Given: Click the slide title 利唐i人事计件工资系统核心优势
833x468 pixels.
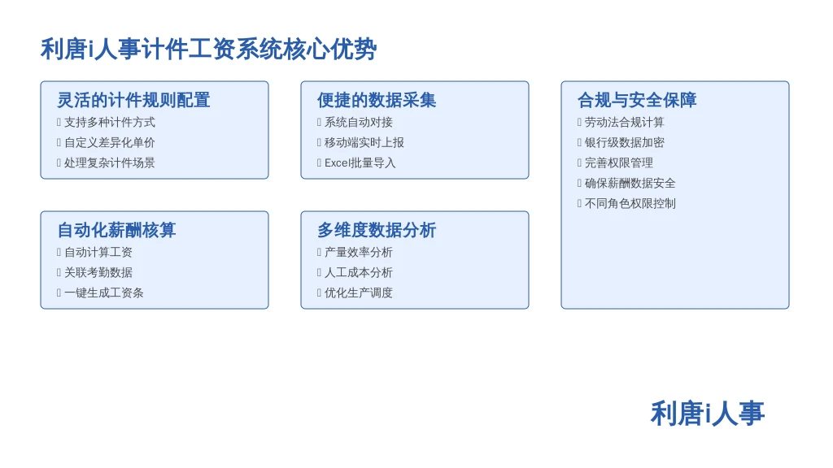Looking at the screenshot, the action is (209, 50).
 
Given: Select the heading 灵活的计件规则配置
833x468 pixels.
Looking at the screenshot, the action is (134, 100).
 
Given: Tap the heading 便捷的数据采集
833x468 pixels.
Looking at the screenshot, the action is (377, 100).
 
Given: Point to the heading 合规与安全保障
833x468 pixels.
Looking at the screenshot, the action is (637, 100).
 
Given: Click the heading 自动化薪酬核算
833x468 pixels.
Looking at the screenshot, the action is (117, 230).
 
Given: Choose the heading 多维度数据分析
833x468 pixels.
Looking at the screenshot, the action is (377, 230).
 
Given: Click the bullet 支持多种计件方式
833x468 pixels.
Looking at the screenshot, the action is (110, 123).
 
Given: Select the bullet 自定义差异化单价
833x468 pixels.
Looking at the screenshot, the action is (110, 143).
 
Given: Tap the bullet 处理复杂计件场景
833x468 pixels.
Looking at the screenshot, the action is (110, 162).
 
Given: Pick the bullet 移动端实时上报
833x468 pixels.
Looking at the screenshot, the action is (364, 143).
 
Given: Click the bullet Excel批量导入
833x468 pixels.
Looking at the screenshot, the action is (360, 162).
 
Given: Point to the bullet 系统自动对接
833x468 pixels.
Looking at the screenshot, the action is (359, 123).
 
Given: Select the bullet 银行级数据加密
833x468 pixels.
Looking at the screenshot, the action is (625, 143).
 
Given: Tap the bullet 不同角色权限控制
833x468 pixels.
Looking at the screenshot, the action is (630, 204).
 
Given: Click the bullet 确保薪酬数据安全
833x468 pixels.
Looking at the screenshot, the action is (630, 184).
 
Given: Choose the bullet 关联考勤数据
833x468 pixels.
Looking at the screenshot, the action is (98, 273).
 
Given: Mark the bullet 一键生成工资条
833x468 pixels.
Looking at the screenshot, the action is (104, 292).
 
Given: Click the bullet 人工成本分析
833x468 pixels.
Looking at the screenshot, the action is (359, 273).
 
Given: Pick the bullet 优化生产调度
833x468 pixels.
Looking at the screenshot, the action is (359, 292).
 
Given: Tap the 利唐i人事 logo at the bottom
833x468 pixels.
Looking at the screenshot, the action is (708, 414).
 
